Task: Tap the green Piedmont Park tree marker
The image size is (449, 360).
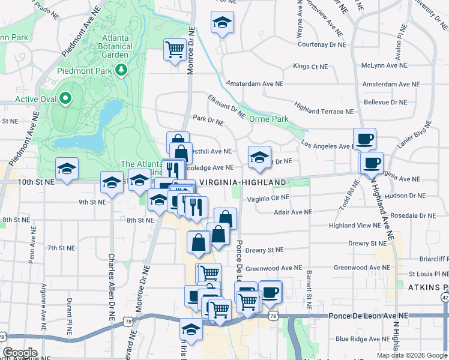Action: pyautogui.click(x=122, y=70)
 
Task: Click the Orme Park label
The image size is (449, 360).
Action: pyautogui.click(x=269, y=119)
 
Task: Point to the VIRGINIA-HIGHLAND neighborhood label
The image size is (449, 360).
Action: pyautogui.click(x=243, y=182)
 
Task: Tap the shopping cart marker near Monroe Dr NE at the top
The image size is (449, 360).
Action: pyautogui.click(x=175, y=49)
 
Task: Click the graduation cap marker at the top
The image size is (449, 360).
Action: pyautogui.click(x=222, y=23)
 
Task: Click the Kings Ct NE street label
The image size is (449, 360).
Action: pyautogui.click(x=310, y=66)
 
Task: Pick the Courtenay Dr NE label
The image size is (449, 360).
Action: pyautogui.click(x=321, y=44)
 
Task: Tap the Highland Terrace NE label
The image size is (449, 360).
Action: pyautogui.click(x=324, y=108)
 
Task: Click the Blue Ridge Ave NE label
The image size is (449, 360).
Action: pyautogui.click(x=364, y=338)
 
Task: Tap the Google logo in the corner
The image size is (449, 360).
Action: pyautogui.click(x=20, y=353)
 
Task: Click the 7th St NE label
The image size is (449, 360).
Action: pyautogui.click(x=61, y=248)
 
